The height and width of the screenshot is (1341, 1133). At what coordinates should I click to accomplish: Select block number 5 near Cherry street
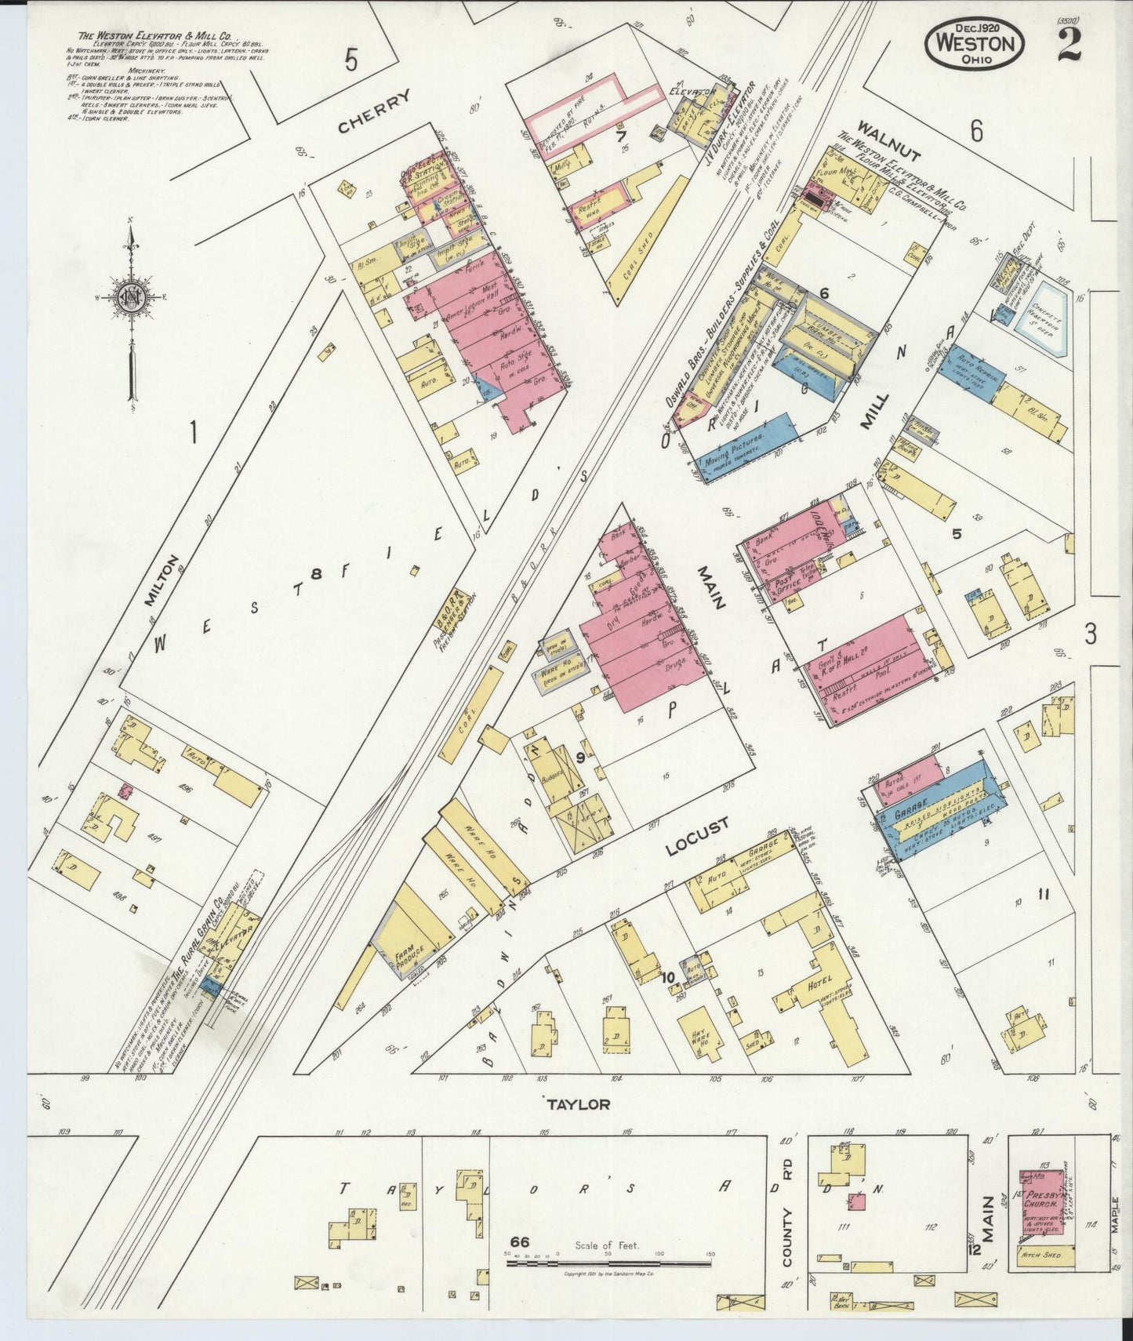coord(350,60)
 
